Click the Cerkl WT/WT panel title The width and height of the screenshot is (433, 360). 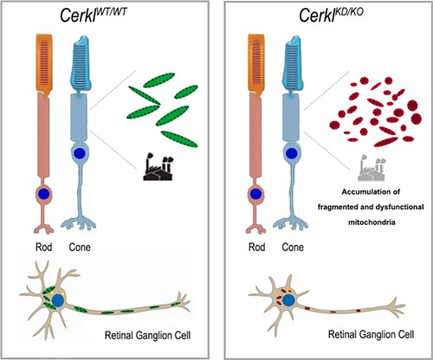point(94,15)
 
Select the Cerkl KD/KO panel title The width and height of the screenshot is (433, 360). point(331,15)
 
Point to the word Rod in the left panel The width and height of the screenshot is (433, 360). point(43,247)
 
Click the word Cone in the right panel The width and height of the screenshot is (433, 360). point(293,247)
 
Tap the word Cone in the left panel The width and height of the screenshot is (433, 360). point(80,247)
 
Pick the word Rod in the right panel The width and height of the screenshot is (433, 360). point(256,247)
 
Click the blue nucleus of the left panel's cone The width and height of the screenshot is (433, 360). point(79,153)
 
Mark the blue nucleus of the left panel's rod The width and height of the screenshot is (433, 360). point(44,194)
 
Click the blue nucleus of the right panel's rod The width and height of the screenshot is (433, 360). point(255,194)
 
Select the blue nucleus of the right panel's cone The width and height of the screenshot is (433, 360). point(292,153)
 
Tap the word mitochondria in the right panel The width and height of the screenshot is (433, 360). point(372,222)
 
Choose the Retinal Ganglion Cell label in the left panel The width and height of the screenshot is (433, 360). point(147,336)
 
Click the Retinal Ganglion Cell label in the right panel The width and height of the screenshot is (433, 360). point(372,335)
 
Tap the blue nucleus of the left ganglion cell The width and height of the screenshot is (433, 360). point(59,300)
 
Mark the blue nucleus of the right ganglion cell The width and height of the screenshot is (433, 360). point(288,300)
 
